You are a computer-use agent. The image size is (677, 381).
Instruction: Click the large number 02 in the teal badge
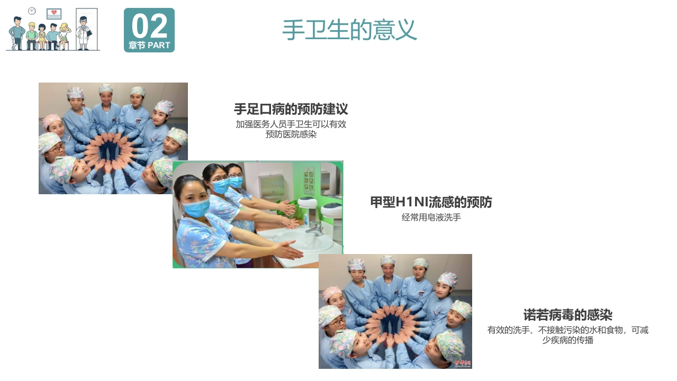pyautogui.click(x=149, y=26)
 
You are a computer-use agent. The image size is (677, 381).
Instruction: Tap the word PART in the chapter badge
pyautogui.click(x=159, y=46)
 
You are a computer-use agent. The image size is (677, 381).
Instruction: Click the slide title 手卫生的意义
pyautogui.click(x=349, y=30)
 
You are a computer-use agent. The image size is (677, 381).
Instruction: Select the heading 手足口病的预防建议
pyautogui.click(x=291, y=110)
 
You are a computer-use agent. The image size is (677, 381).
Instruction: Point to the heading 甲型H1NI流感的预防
pyautogui.click(x=431, y=202)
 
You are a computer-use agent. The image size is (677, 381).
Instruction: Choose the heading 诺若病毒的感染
pyautogui.click(x=567, y=315)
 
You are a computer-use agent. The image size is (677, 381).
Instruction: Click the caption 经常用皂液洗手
pyautogui.click(x=431, y=217)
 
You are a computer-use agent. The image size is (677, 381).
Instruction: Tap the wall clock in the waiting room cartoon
pyautogui.click(x=32, y=11)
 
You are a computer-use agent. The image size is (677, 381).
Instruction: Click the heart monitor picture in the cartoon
pyautogui.click(x=53, y=14)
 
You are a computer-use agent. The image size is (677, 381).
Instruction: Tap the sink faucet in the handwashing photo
pyautogui.click(x=315, y=228)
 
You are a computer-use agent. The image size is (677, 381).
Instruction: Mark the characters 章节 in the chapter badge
pyautogui.click(x=137, y=46)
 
